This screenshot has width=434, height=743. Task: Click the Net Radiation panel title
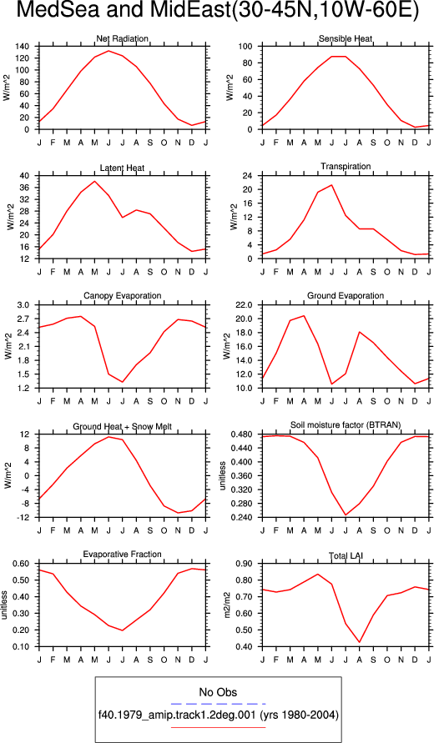pyautogui.click(x=122, y=38)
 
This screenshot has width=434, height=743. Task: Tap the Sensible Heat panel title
pyautogui.click(x=346, y=38)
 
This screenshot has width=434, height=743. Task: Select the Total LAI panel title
pyautogui.click(x=346, y=555)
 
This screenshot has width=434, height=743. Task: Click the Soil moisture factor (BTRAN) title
pyautogui.click(x=346, y=425)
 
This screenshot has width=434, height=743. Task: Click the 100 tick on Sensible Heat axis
pyautogui.click(x=250, y=47)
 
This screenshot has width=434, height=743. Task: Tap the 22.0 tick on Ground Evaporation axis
pyautogui.click(x=249, y=304)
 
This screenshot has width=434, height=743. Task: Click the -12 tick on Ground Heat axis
pyautogui.click(x=27, y=517)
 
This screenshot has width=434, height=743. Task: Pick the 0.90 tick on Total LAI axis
pyautogui.click(x=250, y=564)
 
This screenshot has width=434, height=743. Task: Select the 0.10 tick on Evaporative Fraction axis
pyautogui.click(x=26, y=646)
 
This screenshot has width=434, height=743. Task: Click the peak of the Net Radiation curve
pyautogui.click(x=108, y=51)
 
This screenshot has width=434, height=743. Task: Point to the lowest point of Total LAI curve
pyautogui.click(x=360, y=643)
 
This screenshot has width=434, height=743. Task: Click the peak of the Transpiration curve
pyautogui.click(x=331, y=185)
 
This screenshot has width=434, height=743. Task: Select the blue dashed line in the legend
pyautogui.click(x=218, y=704)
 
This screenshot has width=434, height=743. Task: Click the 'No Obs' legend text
pyautogui.click(x=218, y=692)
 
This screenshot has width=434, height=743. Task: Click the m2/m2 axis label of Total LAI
pyautogui.click(x=228, y=605)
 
